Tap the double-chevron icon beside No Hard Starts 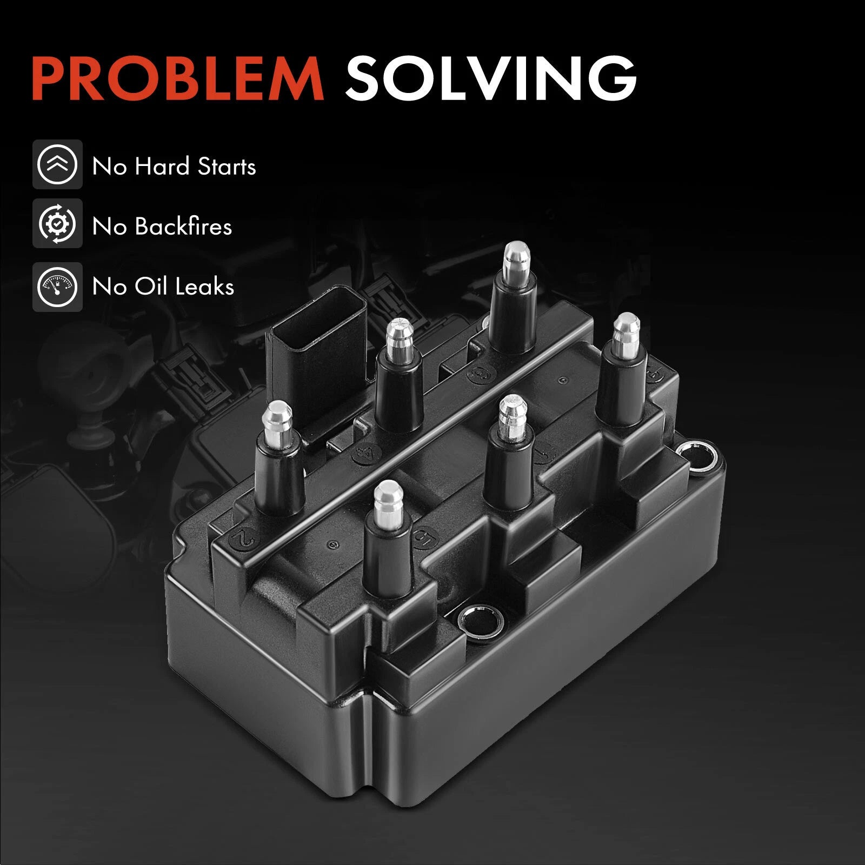(x=57, y=164)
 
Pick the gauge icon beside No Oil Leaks (x=57, y=287)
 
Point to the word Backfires (x=183, y=226)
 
